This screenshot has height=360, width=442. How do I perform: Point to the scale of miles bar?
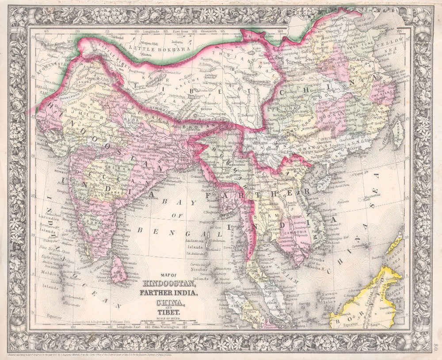[168, 322]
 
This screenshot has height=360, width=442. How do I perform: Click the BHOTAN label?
[194, 126]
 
